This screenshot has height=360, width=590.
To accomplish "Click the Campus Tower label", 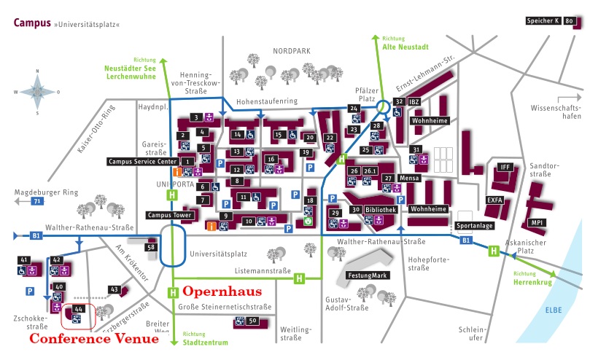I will pos(169,215).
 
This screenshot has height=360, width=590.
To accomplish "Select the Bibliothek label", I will pos(381,209).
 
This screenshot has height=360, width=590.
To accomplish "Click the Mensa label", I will pos(410,178).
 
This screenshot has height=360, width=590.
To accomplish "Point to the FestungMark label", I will pos(368,275).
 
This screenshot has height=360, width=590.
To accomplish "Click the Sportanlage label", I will pos(470,226).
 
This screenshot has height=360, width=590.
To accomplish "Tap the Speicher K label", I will pos(543,21).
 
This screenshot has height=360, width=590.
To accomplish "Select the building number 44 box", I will pos(79,310).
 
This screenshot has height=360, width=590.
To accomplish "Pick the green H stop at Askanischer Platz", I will pos(494,251).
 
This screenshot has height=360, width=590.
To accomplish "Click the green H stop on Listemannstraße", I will pos(298,278).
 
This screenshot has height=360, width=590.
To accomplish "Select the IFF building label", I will pos(505,167).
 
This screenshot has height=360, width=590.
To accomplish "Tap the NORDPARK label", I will pos(292,51).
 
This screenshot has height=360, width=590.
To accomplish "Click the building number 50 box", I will pos(252,321).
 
